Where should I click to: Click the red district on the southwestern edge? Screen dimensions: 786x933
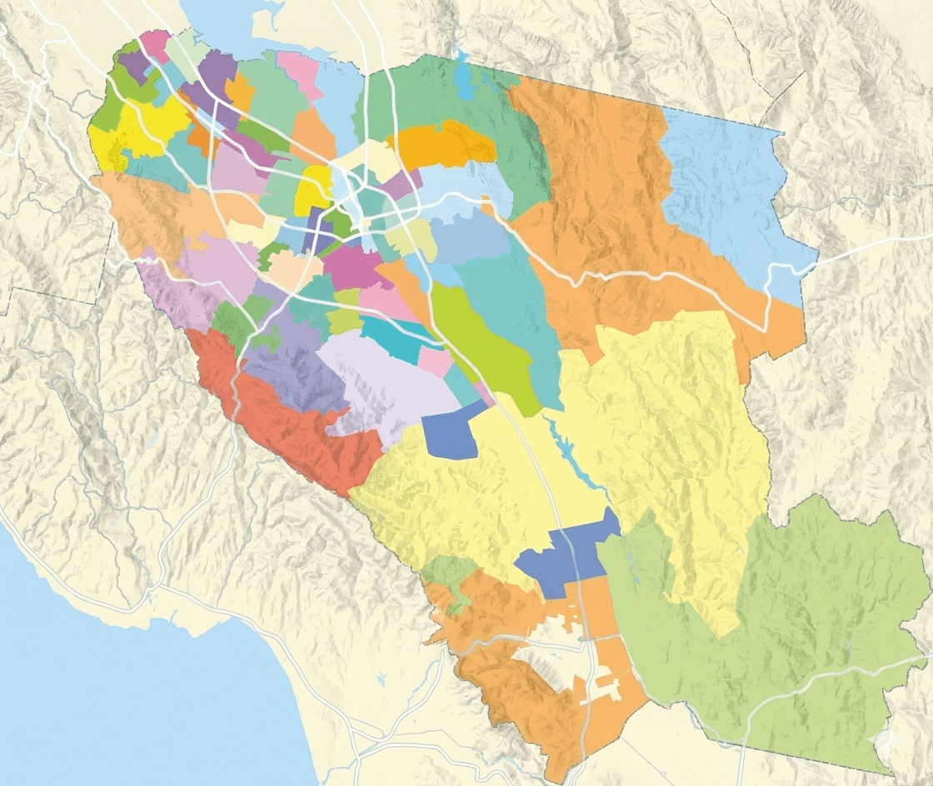click(x=275, y=416)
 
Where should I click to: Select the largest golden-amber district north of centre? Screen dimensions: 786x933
click(x=442, y=145)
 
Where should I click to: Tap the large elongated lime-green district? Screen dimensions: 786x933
click(x=483, y=350)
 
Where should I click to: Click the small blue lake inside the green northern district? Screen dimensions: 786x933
click(x=463, y=79)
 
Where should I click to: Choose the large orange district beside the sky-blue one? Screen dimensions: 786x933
click(x=600, y=208)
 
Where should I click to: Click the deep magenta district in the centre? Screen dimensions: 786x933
click(x=354, y=266)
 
